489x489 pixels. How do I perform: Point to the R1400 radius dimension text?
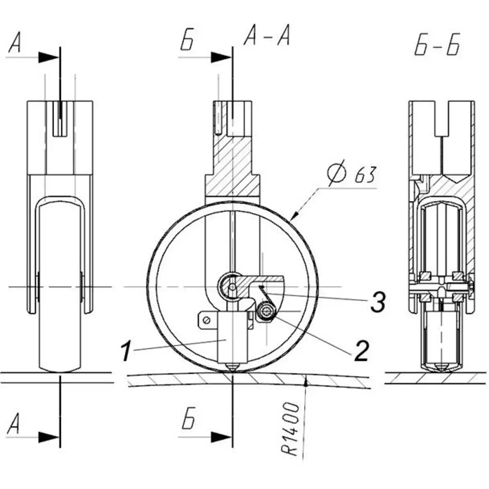290,429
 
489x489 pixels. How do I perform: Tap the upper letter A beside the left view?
15,43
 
